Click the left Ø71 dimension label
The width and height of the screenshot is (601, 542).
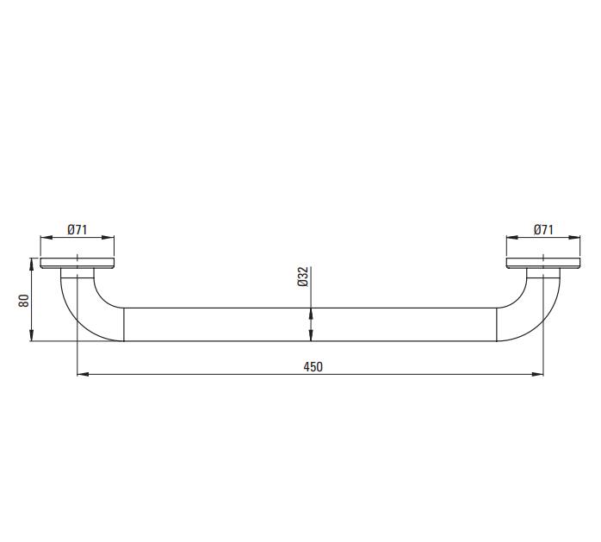click(x=77, y=230)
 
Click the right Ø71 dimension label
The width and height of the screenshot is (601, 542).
click(x=543, y=230)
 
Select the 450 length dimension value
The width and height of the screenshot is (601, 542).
click(x=313, y=367)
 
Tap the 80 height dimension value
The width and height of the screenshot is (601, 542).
click(x=24, y=301)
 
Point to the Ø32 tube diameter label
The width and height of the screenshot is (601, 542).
click(x=303, y=277)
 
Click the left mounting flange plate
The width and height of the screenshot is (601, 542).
click(x=77, y=263)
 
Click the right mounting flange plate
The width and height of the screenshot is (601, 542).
click(x=543, y=263)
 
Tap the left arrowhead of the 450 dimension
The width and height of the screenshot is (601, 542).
click(x=83, y=374)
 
